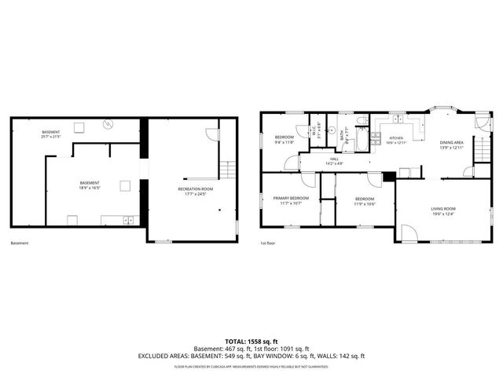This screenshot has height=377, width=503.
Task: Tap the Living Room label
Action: click(x=443, y=209)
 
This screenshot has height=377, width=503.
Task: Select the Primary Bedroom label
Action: click(x=290, y=198)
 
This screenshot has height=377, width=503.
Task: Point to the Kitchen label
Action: click(x=395, y=138)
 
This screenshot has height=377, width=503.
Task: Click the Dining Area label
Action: click(x=451, y=143)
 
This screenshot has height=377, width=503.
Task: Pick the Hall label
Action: click(x=334, y=159)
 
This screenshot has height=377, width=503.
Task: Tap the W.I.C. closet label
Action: click(x=313, y=130)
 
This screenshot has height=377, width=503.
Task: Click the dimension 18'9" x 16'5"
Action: click(x=88, y=185)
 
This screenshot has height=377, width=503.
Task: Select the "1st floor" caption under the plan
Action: click(x=268, y=243)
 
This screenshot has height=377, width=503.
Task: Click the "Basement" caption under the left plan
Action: click(x=20, y=243)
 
